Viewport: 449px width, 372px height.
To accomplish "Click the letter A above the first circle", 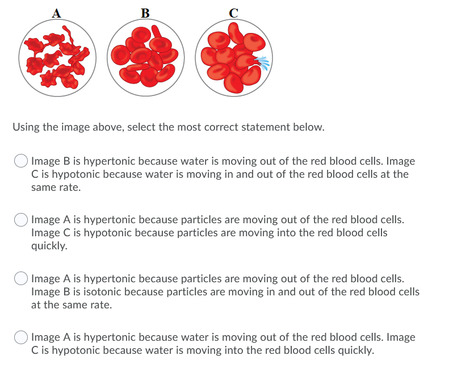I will coord(56,12).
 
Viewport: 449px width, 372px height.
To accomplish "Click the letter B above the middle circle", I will coord(145,12).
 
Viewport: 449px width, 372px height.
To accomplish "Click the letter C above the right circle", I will coord(233,12).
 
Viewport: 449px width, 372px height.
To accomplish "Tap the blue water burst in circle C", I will coord(262,62).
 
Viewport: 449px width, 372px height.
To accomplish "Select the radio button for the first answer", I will coord(21,162).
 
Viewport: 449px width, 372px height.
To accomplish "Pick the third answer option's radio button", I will coord(21,279).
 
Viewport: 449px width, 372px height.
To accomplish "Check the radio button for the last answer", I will coord(21,338).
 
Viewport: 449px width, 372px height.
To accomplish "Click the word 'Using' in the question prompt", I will coord(26,127).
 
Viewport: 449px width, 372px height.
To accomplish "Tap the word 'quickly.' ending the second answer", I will coord(49,246).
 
